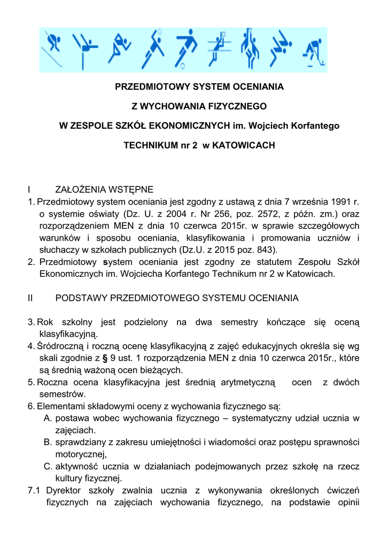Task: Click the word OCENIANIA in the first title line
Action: click(257, 86)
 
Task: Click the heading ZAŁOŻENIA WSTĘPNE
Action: click(104, 190)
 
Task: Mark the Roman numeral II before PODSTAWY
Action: click(30, 298)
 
